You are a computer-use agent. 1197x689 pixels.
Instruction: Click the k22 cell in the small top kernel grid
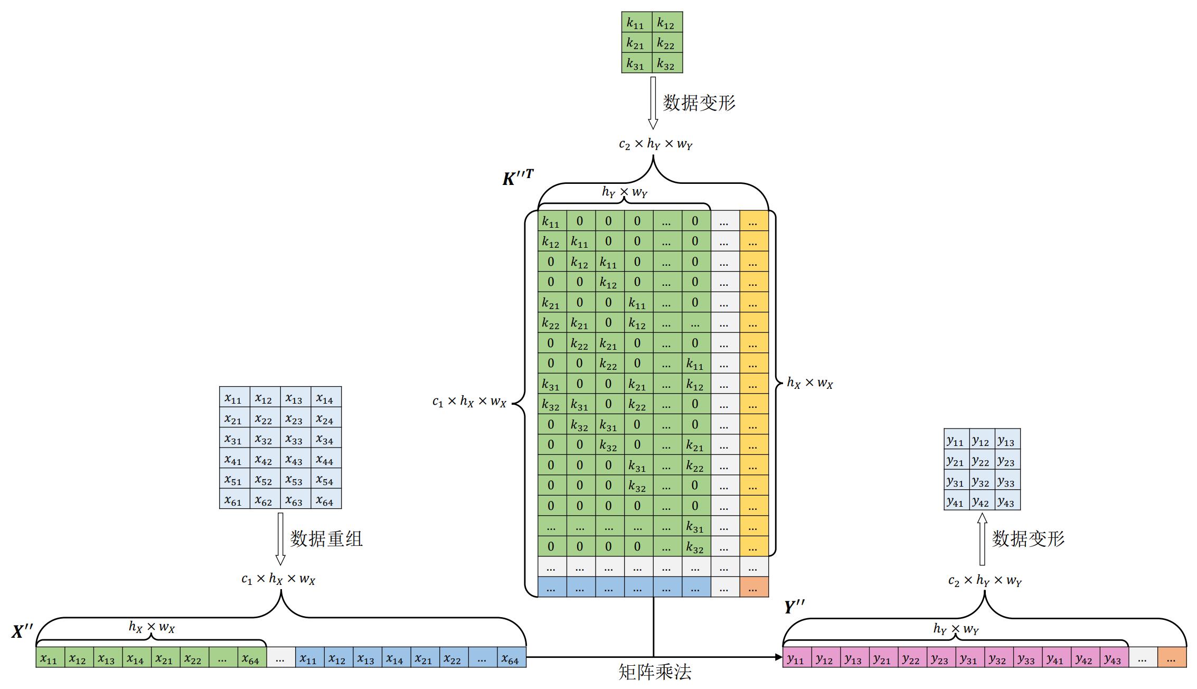point(667,43)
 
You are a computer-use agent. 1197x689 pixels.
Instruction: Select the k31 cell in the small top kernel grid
point(636,63)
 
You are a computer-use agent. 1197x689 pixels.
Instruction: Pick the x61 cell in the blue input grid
point(234,499)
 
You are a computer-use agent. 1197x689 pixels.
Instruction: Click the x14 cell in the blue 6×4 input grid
point(326,397)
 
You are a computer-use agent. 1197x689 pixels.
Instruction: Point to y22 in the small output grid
point(982,460)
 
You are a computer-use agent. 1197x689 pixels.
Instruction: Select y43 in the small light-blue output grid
point(1007,501)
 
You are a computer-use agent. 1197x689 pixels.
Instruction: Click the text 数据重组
point(326,539)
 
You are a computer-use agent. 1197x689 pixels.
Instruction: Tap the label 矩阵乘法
point(655,672)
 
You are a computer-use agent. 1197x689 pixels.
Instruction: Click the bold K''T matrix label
point(518,178)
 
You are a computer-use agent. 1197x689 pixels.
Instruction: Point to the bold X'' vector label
point(23,631)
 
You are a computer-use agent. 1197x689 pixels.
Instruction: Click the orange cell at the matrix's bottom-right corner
point(753,587)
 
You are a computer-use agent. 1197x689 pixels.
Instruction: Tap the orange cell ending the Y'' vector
point(1172,658)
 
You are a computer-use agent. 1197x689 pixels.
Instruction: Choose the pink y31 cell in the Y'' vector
point(968,658)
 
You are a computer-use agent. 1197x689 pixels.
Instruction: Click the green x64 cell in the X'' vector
point(251,658)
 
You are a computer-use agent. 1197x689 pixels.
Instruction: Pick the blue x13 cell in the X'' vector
point(366,658)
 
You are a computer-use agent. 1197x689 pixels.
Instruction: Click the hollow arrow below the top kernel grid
point(653,103)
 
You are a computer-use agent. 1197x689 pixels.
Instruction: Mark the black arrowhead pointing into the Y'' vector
point(778,657)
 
